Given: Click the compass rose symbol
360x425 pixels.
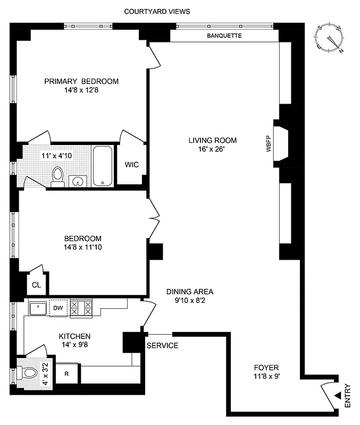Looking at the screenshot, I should (x=330, y=39).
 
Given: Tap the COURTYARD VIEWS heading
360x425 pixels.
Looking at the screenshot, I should (x=157, y=11).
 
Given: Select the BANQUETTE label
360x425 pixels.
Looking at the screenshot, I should (x=224, y=36).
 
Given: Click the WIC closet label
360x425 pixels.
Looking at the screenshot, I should (x=131, y=165).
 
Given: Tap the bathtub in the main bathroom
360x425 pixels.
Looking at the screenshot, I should (x=103, y=165).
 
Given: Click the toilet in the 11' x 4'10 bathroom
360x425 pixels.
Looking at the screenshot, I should (x=57, y=177).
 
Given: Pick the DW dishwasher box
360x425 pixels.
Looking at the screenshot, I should (x=58, y=308).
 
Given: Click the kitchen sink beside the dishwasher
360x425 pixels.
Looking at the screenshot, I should (x=38, y=308).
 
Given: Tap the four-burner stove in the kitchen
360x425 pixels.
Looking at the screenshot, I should (x=81, y=309).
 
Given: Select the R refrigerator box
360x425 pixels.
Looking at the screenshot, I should (x=67, y=373).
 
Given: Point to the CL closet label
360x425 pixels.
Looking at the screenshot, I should (x=36, y=285).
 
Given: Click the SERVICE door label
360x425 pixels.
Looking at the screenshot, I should (x=162, y=346).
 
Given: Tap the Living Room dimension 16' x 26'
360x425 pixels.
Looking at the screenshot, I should (x=212, y=149).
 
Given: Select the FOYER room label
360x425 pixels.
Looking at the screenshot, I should (x=266, y=368).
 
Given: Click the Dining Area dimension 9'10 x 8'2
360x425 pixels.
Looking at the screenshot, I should (x=190, y=300).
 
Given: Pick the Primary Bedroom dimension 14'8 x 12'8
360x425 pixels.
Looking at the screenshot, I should (x=81, y=90).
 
